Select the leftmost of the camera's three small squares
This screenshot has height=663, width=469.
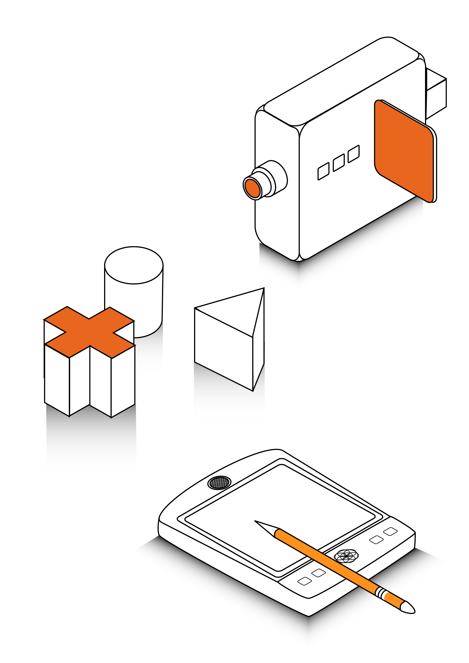click(x=323, y=171)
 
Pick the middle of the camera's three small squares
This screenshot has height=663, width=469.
click(x=339, y=163)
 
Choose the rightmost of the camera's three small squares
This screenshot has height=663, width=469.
click(x=354, y=154)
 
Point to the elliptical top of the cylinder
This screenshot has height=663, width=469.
click(x=134, y=265)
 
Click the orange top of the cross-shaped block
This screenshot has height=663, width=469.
click(x=90, y=332)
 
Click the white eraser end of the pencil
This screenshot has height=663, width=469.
click(x=408, y=608)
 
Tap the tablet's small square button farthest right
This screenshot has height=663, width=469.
click(x=390, y=531)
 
